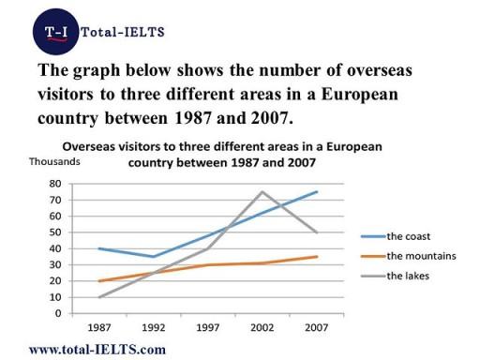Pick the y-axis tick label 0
tap(59, 312)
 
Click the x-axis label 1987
tap(98, 328)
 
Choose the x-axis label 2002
tap(261, 328)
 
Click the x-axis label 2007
tap(315, 328)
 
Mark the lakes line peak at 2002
tap(261, 192)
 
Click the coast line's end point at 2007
tap(316, 192)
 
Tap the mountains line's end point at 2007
tap(316, 256)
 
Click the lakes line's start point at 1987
tap(98, 296)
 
